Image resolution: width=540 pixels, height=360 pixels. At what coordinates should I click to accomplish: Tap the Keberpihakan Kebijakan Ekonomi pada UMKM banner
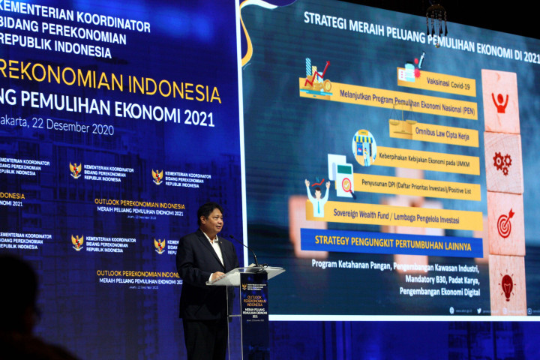point(426,160)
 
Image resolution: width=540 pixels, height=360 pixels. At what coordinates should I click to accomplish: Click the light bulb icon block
point(508,284)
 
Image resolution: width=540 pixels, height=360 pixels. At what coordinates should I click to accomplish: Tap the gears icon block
point(502,161)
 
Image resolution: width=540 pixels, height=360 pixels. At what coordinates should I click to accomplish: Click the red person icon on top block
point(500,102)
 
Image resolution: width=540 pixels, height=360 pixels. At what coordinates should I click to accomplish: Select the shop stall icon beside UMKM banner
point(364,147)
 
